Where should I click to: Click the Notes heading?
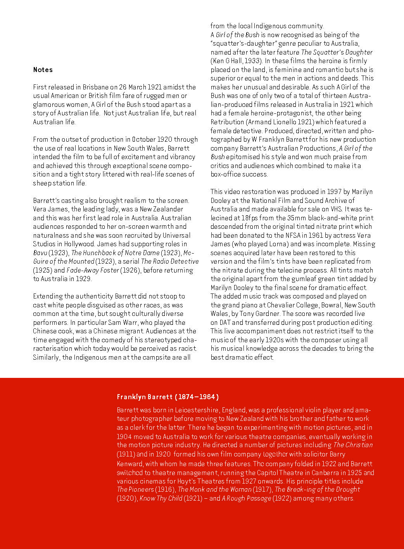(x=43, y=70)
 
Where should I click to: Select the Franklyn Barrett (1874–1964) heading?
(x=167, y=397)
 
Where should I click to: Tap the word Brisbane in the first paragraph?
(x=95, y=87)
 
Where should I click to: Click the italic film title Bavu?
(x=40, y=253)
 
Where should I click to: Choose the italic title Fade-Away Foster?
(x=93, y=270)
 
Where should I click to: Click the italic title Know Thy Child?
(x=161, y=498)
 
